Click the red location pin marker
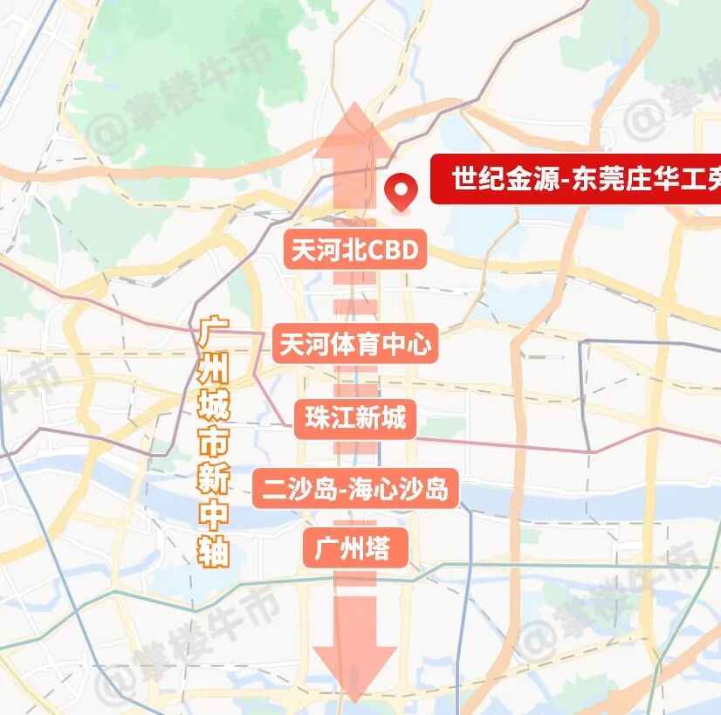pyautogui.click(x=402, y=189)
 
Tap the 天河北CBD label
pyautogui.click(x=354, y=251)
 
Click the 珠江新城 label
pyautogui.click(x=355, y=418)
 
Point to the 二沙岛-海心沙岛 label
pyautogui.click(x=355, y=490)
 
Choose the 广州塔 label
pyautogui.click(x=355, y=549)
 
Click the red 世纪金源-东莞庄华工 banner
pyautogui.click(x=576, y=182)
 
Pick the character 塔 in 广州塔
pyautogui.click(x=377, y=549)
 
